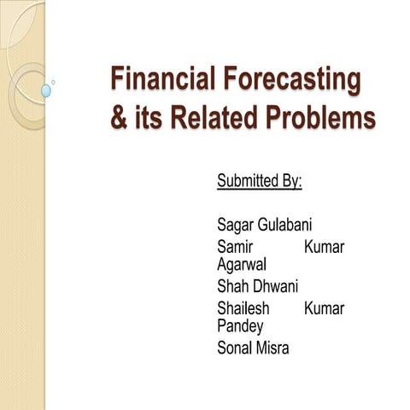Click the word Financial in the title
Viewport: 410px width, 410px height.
click(165, 80)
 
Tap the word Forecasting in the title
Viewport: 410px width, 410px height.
click(292, 80)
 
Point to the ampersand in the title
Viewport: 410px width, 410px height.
click(118, 118)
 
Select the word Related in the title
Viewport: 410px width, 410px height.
click(208, 118)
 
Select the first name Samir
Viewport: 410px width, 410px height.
click(237, 246)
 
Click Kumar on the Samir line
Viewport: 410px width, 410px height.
click(324, 246)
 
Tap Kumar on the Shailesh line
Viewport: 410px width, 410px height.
click(324, 307)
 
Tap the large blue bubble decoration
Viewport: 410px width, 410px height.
click(46, 90)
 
